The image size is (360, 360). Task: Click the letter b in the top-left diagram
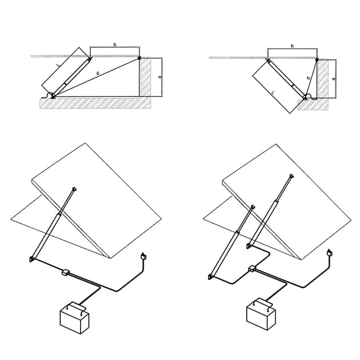[x=115, y=45]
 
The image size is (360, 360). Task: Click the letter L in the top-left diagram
[x=58, y=65]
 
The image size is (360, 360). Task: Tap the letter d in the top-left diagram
[x=98, y=73]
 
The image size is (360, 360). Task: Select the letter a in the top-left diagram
[x=160, y=77]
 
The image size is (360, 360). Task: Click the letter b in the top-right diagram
[x=292, y=46]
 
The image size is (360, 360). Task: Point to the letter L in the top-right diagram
[x=273, y=93]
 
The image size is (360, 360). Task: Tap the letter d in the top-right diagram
[x=308, y=78]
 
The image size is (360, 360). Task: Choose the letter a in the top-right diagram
[x=334, y=79]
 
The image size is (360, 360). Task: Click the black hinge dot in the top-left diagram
[x=139, y=58]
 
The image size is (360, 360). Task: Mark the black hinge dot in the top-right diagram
[x=317, y=59]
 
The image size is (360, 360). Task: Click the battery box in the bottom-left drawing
[x=74, y=318]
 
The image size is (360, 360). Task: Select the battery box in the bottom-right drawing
[x=261, y=314]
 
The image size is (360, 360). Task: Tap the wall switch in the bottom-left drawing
[x=144, y=256]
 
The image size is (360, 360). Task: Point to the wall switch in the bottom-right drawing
[x=330, y=253]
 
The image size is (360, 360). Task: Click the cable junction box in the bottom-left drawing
[x=66, y=272]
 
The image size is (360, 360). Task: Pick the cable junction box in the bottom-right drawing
[x=252, y=268]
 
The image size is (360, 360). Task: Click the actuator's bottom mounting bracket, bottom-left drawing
[x=31, y=259]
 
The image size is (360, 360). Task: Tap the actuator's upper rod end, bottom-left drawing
[x=74, y=189]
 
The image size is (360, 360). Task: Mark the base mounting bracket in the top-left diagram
[x=53, y=97]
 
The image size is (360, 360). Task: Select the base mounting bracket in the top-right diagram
[x=305, y=97]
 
